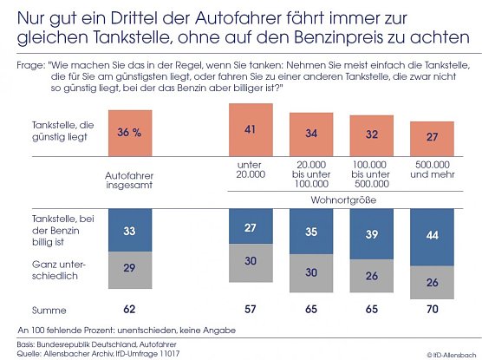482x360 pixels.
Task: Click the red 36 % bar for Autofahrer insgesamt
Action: coord(129,133)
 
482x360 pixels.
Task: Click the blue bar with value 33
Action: coord(130,232)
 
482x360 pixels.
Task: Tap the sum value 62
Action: coord(130,307)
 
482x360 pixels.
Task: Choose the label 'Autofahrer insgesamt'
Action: coord(129,178)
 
